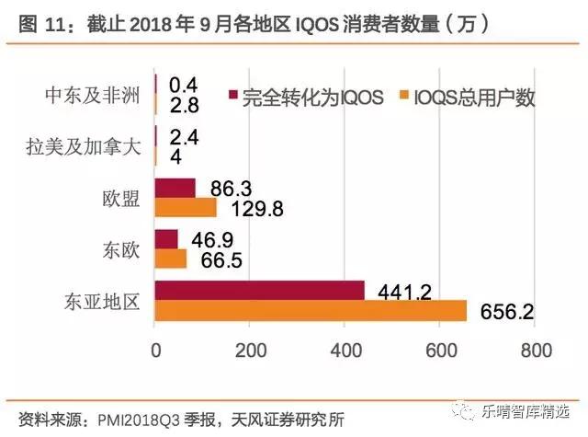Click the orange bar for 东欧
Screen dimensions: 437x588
171,259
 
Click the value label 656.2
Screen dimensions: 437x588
507,313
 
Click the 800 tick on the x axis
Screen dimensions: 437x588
536,350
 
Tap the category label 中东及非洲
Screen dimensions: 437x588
93,96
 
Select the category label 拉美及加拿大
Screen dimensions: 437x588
85,147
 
